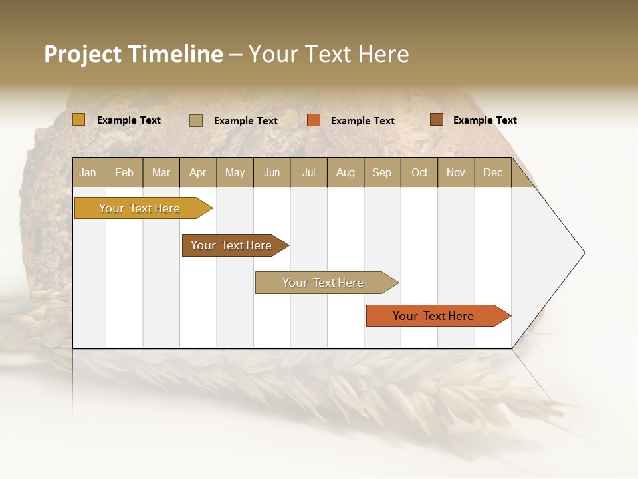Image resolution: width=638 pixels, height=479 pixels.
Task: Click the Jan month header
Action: click(88, 172)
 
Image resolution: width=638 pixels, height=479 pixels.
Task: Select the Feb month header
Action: click(124, 172)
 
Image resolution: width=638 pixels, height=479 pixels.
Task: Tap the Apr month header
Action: click(197, 172)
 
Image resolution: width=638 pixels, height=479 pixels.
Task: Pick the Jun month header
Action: click(272, 172)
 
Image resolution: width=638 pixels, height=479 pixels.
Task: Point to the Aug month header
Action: click(345, 172)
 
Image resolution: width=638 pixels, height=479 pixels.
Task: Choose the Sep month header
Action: click(381, 172)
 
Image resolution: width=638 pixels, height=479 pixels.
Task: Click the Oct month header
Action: click(419, 172)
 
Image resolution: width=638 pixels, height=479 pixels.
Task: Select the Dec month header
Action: click(492, 172)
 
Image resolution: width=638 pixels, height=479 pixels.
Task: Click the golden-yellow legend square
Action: click(79, 120)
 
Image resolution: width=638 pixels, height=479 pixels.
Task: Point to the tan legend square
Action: click(196, 120)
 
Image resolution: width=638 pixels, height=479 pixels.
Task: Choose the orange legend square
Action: click(314, 120)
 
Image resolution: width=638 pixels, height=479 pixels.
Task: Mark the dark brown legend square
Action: click(436, 120)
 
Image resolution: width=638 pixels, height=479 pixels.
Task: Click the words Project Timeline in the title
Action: click(134, 54)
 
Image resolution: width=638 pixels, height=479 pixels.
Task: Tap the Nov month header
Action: click(456, 172)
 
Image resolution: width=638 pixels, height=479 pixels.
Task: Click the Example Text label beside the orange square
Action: click(362, 121)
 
